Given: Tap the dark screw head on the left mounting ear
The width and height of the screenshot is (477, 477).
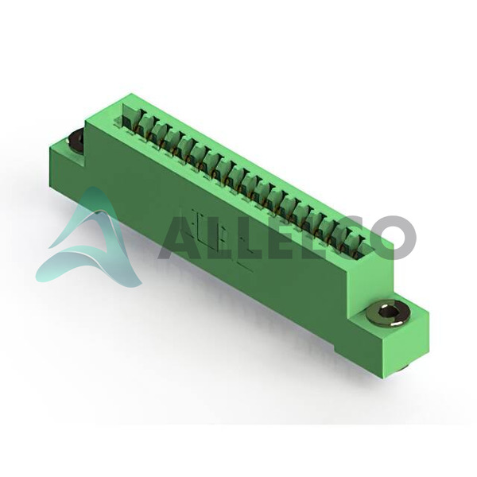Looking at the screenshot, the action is point(76,141).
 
